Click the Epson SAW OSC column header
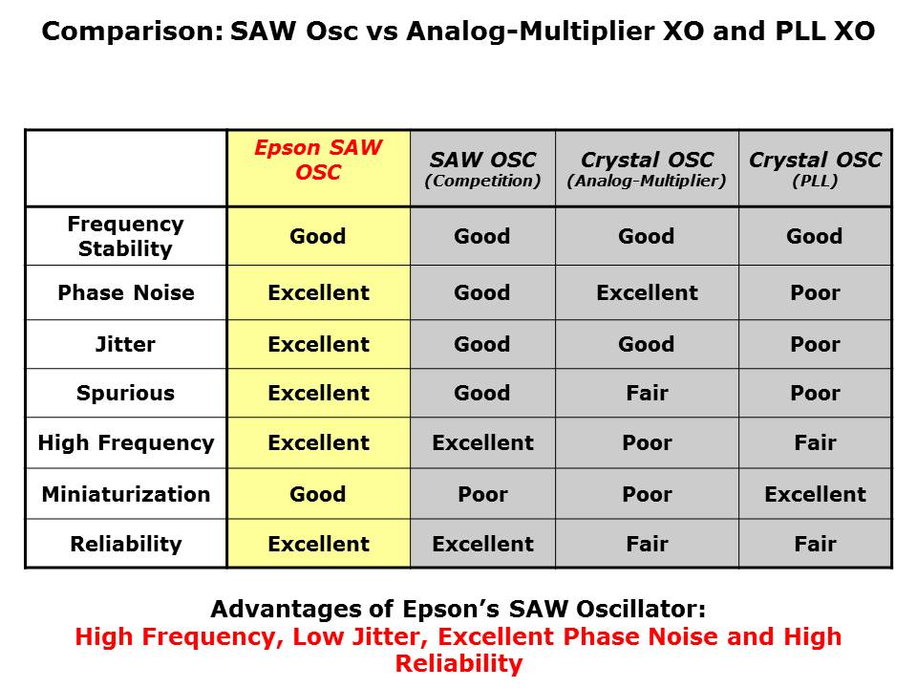(318, 160)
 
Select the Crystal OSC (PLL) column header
(815, 168)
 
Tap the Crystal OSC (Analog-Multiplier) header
(647, 168)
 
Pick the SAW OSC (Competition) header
(482, 168)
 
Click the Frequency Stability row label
(126, 236)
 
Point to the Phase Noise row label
(126, 292)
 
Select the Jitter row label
(126, 344)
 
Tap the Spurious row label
(126, 393)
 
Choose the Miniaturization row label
(126, 494)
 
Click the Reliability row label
(126, 544)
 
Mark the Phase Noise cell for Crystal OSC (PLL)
(815, 292)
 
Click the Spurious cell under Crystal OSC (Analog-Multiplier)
(647, 393)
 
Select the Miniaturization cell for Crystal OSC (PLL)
(815, 494)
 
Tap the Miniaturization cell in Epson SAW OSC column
(318, 494)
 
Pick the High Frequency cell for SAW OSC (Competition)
(482, 442)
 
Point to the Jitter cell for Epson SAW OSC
(318, 344)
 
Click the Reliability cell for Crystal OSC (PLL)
(815, 544)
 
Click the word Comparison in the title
(133, 32)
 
